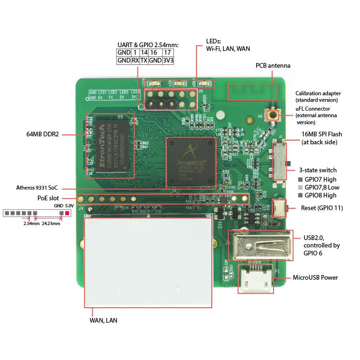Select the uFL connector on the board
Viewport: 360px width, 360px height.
273,114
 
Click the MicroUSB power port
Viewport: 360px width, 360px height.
255,279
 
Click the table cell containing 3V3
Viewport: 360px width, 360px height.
167,60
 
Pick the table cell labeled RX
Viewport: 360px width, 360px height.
135,60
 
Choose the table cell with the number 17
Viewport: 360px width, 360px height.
167,52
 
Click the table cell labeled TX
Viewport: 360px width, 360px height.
144,60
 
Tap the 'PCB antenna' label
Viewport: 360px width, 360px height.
273,65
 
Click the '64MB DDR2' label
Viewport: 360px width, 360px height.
43,134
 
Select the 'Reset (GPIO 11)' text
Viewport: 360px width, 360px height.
322,208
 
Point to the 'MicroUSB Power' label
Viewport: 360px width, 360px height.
315,277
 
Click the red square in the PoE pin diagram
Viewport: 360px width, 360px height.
67,213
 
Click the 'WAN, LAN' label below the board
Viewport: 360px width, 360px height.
103,320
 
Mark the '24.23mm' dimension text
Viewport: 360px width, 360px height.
50,224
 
